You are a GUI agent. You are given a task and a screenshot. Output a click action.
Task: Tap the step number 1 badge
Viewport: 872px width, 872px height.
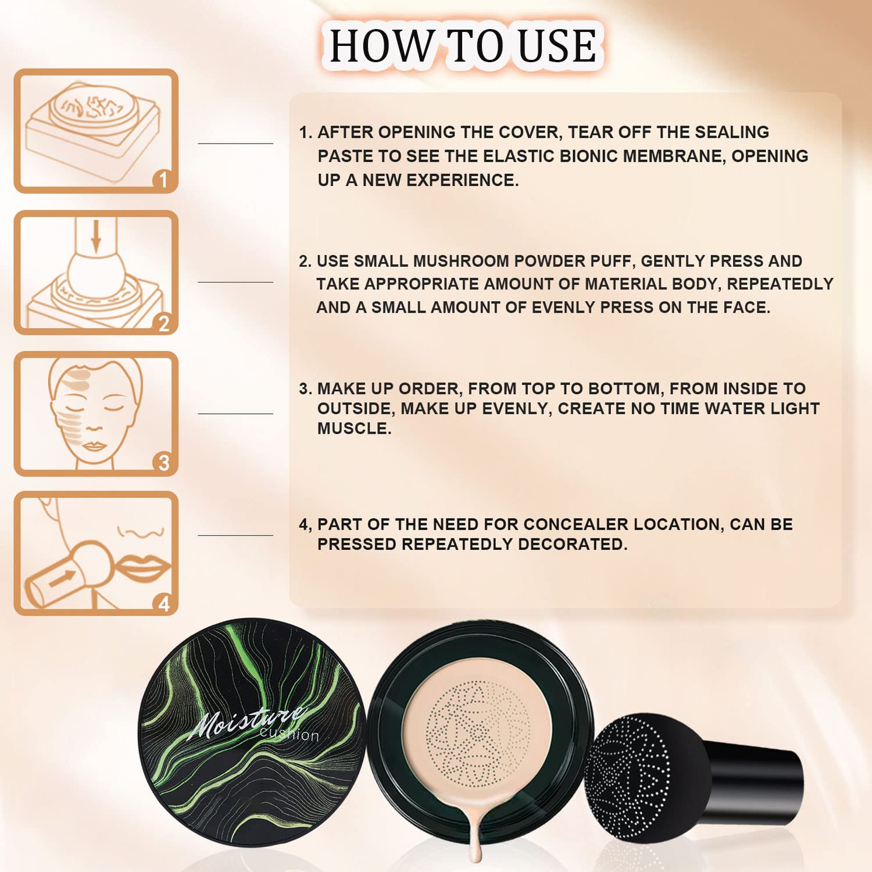point(163,180)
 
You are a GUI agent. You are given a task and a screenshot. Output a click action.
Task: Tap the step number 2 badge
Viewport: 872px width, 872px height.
point(164,323)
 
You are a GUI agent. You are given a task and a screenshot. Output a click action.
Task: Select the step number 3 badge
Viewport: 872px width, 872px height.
point(164,463)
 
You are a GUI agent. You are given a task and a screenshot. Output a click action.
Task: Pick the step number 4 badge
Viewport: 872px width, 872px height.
point(164,603)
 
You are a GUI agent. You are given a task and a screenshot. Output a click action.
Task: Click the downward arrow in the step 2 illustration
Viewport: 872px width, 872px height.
point(97,235)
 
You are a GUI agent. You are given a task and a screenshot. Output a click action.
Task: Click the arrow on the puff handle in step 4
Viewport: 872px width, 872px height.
point(62,578)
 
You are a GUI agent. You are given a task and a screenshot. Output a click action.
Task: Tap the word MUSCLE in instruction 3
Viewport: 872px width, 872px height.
point(353,428)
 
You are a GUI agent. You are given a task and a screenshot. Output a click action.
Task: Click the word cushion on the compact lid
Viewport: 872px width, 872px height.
point(290,734)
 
